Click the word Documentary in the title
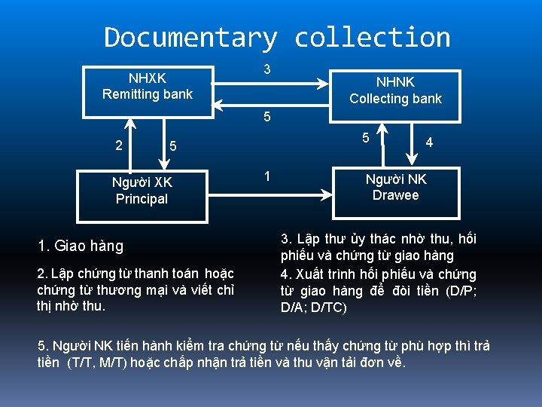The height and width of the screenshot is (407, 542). click(190, 37)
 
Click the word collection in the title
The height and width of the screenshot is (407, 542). click(372, 37)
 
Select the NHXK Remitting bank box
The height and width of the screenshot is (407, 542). click(148, 86)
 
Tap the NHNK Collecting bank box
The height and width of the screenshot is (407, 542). click(395, 90)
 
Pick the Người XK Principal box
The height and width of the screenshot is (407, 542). click(142, 191)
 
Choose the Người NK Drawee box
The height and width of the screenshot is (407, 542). click(395, 188)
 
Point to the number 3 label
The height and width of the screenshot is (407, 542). click(267, 69)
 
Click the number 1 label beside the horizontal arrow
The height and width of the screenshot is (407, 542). click(266, 177)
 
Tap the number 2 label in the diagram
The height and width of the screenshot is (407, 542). click(119, 144)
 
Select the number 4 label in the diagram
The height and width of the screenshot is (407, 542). click(429, 141)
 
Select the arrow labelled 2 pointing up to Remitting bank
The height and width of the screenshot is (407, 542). click(136, 144)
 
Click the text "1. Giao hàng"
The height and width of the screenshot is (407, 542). click(81, 246)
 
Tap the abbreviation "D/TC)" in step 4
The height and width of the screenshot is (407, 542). click(329, 308)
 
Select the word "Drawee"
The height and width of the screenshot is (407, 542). click(395, 195)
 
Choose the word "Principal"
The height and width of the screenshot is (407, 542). click(142, 199)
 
